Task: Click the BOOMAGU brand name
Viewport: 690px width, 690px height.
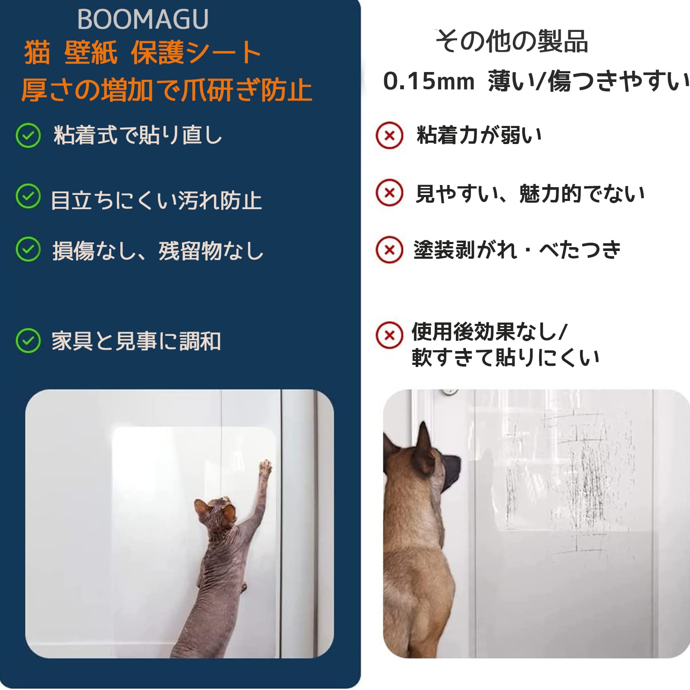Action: tap(143, 19)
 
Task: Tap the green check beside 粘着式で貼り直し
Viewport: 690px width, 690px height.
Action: tap(28, 135)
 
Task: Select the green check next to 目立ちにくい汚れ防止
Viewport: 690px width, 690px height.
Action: tap(28, 196)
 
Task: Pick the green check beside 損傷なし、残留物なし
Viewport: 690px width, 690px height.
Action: tap(28, 249)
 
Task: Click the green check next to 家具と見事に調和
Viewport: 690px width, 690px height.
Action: tap(28, 341)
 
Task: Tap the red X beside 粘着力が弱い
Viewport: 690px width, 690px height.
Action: tap(389, 135)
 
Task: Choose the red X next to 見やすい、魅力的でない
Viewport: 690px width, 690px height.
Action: tap(389, 192)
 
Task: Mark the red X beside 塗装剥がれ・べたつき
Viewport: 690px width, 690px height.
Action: tap(389, 250)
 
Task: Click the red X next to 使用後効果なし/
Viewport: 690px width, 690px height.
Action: tap(389, 335)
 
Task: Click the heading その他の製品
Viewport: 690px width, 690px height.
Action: tap(512, 41)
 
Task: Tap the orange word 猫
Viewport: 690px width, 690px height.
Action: tap(37, 53)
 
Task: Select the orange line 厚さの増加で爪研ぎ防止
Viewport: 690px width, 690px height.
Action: tap(166, 90)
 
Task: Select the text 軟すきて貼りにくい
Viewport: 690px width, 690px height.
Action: tap(505, 358)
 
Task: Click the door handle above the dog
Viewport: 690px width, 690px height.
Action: tap(448, 392)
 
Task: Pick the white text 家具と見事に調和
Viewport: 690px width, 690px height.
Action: tap(136, 341)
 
